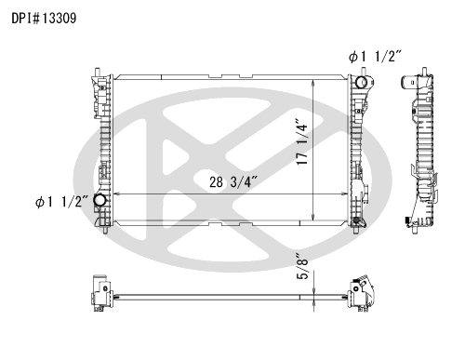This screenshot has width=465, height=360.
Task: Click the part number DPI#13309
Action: point(44,19)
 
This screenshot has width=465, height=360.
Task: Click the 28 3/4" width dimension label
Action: point(233,182)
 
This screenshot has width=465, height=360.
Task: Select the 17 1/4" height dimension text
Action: point(301,141)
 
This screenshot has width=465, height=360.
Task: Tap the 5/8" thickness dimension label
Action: point(302,267)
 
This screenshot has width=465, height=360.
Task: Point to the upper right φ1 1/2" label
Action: point(375,57)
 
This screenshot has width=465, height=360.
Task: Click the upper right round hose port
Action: point(361,82)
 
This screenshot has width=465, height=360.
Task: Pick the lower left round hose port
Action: point(100,200)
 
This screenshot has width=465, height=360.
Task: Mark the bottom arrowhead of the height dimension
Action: point(313,217)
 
